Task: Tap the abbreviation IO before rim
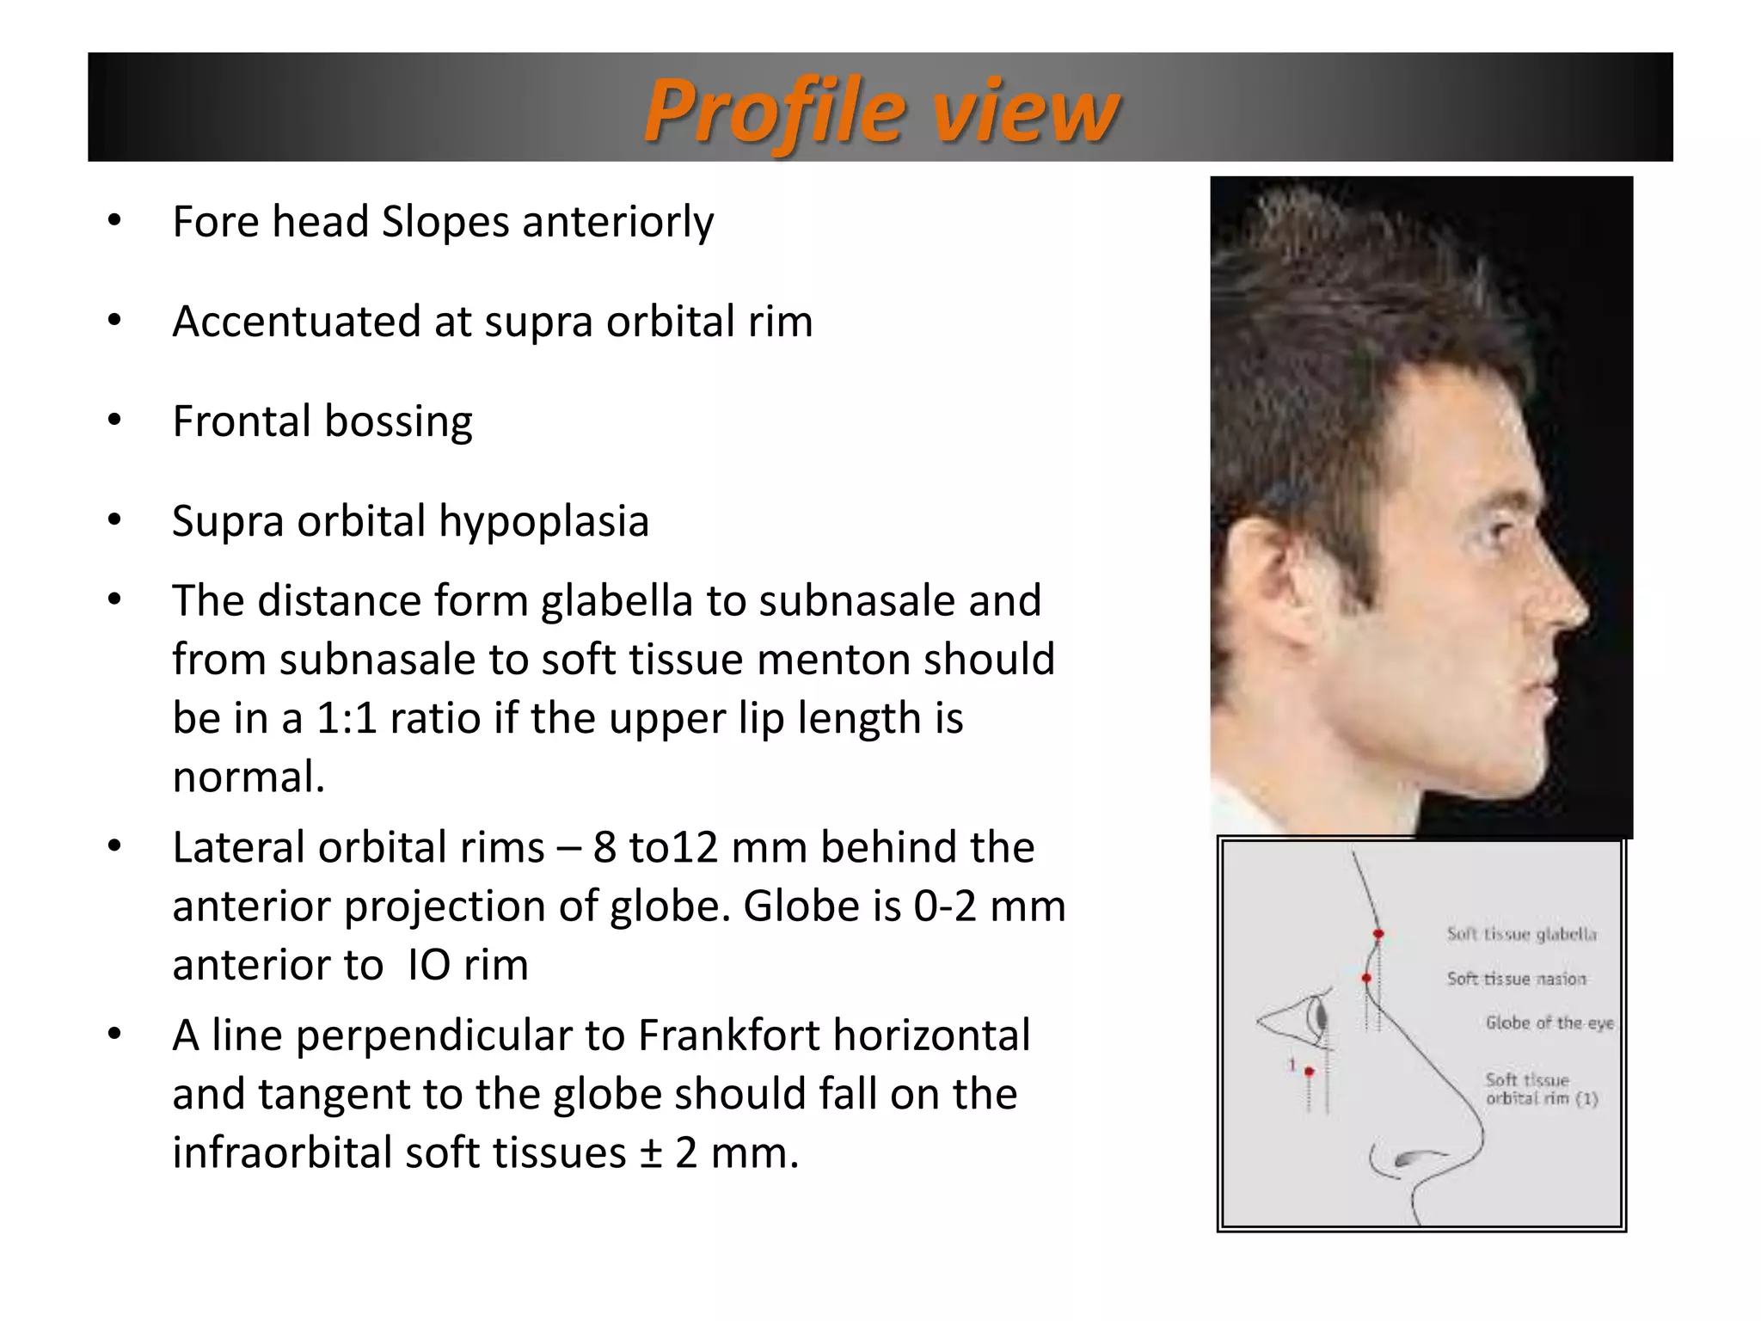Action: (x=428, y=965)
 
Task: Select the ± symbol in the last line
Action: (x=651, y=1153)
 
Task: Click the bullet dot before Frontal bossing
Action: (x=114, y=421)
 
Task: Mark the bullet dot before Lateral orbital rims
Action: (x=114, y=846)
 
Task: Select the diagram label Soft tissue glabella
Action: (x=1521, y=934)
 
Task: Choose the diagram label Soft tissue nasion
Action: (x=1516, y=979)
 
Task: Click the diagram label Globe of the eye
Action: (x=1549, y=1023)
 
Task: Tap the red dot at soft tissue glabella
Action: (x=1378, y=934)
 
